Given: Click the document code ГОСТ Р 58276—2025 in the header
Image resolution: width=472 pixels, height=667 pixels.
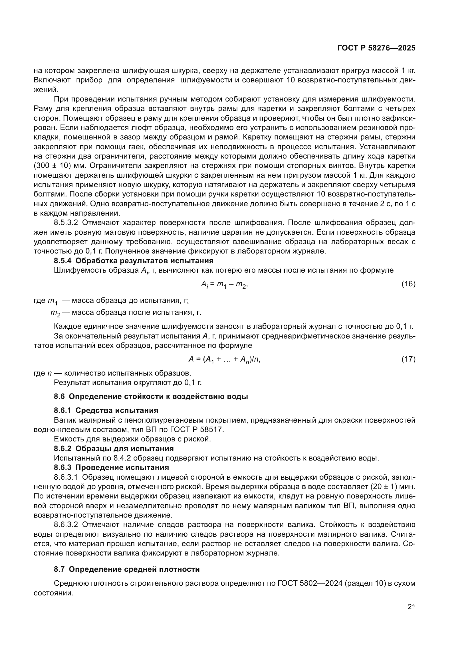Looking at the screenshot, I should [x=376, y=48].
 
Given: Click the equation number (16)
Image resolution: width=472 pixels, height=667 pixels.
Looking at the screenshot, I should [x=408, y=284].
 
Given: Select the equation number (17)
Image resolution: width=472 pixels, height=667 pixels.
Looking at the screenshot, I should [x=408, y=359].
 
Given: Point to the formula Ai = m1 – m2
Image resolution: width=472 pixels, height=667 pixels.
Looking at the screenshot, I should [x=224, y=285].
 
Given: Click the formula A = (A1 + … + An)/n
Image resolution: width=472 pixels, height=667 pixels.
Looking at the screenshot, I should [x=224, y=360].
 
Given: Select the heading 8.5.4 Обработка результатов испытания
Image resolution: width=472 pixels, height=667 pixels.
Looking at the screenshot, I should [x=133, y=261].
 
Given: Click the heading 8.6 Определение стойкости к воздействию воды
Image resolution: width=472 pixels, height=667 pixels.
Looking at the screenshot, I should [x=151, y=397].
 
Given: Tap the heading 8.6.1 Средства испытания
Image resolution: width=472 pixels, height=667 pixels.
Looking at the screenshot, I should [x=106, y=410].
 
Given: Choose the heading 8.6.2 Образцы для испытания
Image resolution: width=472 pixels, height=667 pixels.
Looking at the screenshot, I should [x=114, y=449].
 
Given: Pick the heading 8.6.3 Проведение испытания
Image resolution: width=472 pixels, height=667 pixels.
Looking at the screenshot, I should [x=111, y=467].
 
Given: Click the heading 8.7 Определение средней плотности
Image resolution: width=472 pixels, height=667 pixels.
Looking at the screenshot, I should [x=127, y=569].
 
